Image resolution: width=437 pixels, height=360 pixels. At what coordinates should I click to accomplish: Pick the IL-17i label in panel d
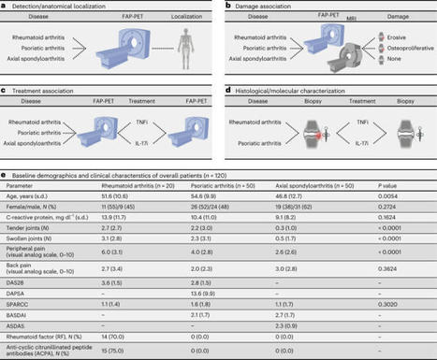coord(348,156)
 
